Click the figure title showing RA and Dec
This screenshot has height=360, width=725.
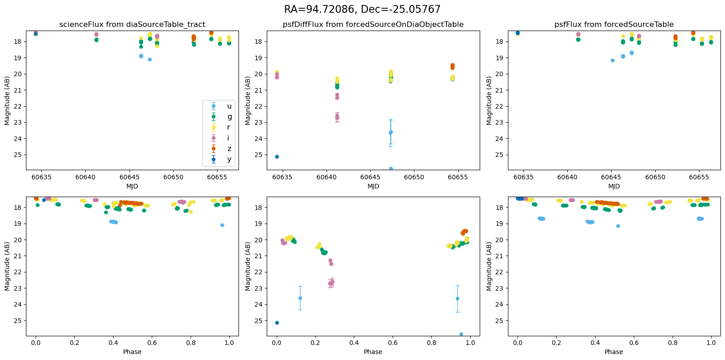click(362, 9)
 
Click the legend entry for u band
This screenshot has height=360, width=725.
click(229, 106)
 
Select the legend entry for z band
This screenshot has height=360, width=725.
click(229, 149)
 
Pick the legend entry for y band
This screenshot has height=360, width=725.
click(229, 159)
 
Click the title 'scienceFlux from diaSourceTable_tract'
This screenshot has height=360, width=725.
click(132, 25)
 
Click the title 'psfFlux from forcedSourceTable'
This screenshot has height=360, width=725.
click(614, 25)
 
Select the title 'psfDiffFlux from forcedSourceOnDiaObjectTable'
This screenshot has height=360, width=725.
click(373, 25)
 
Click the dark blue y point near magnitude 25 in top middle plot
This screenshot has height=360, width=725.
click(277, 157)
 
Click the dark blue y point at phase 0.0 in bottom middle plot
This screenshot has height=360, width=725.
click(277, 323)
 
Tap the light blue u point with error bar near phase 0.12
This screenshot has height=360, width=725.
click(300, 298)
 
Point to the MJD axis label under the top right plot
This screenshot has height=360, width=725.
click(614, 186)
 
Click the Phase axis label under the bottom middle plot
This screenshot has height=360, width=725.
click(373, 352)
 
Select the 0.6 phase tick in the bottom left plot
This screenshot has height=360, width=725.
click(152, 343)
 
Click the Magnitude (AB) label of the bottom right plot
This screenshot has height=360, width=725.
click(489, 266)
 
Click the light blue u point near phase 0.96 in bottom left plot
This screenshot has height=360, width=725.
click(222, 225)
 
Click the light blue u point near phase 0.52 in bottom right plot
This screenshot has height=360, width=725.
click(618, 226)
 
